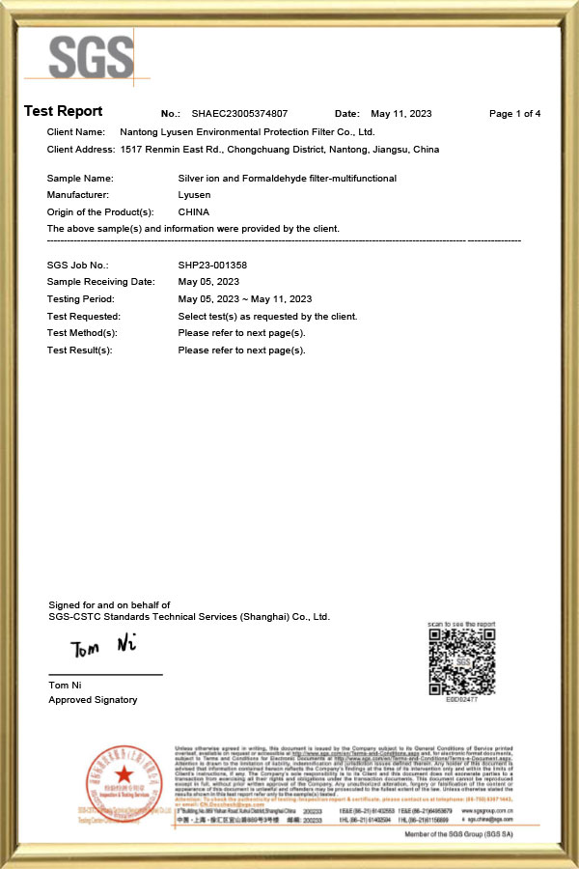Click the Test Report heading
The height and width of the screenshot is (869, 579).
[63, 112]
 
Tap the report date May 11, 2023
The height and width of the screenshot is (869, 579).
[401, 114]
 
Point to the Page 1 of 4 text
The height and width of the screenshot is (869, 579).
[514, 114]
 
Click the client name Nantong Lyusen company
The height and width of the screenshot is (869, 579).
[246, 131]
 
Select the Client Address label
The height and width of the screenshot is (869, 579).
[81, 150]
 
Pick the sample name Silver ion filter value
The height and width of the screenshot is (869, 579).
[287, 179]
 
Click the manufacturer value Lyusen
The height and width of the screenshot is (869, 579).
[194, 195]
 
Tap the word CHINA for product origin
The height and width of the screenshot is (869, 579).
[194, 211]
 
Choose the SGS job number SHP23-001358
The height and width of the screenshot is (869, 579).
[213, 265]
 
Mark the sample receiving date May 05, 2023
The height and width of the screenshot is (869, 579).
[208, 282]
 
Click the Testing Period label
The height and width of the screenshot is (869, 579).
[79, 299]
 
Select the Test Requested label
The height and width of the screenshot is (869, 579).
[83, 316]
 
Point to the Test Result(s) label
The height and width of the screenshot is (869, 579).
[79, 350]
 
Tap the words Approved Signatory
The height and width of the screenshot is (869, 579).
[93, 700]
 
